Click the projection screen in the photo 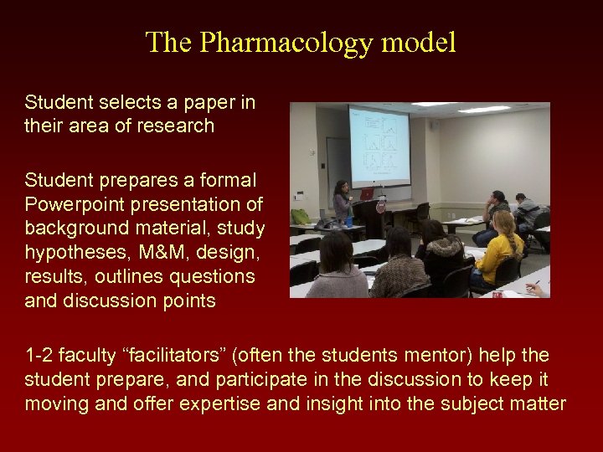coord(379,146)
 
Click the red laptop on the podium coord(366,194)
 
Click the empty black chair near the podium coord(420,211)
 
